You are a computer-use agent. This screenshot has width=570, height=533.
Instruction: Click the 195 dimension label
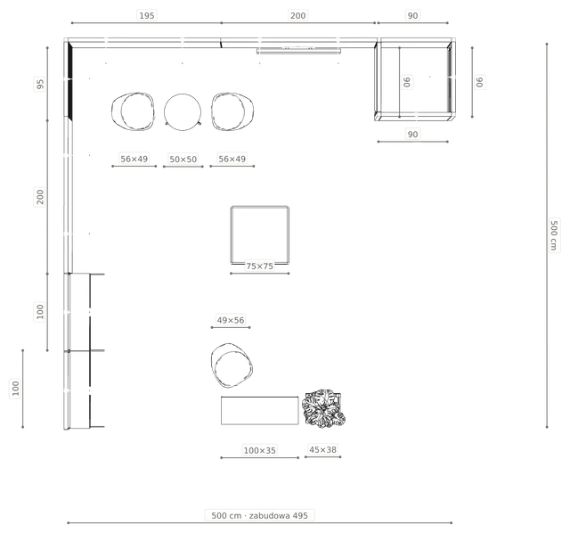click(147, 16)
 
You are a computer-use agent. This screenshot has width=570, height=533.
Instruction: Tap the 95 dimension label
click(40, 84)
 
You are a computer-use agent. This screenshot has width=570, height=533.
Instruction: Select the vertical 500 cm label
click(554, 235)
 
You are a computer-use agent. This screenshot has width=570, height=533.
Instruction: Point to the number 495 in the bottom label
click(300, 515)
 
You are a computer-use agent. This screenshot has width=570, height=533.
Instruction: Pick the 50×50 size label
click(183, 159)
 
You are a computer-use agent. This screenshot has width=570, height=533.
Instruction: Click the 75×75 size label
click(259, 266)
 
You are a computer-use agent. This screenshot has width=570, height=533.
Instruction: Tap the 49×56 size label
click(231, 320)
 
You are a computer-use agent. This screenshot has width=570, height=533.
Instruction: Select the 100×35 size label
click(259, 450)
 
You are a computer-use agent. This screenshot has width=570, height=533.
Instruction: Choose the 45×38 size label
click(322, 450)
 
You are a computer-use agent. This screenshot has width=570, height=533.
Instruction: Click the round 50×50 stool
click(183, 112)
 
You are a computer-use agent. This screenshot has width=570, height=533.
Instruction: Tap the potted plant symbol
click(324, 408)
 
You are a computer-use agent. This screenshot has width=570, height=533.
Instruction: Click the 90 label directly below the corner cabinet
click(412, 135)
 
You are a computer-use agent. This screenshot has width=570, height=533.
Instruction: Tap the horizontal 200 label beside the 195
click(297, 16)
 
